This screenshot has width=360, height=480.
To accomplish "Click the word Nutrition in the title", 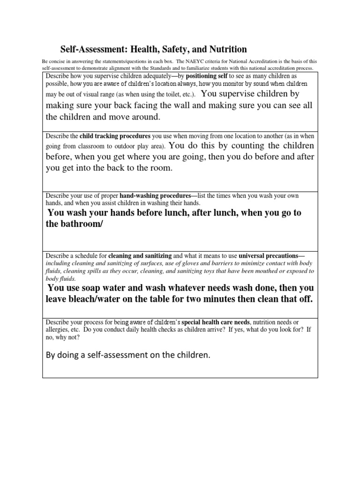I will point(225,49).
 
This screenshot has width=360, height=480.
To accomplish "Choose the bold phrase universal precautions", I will point(271,256).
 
